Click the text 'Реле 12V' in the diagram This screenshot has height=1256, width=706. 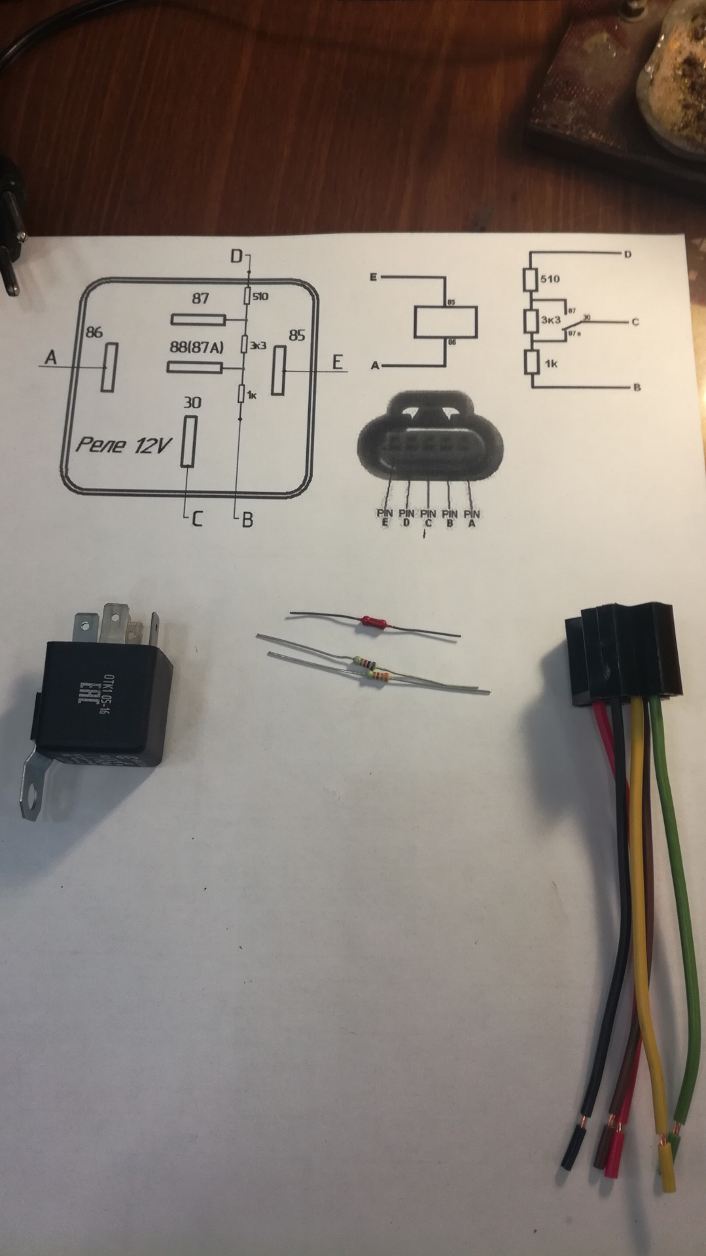pos(123,445)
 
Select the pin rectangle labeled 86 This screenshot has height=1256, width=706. pos(108,366)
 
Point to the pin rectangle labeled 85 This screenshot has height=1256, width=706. pos(279,370)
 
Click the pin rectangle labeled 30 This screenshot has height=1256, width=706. pos(188,442)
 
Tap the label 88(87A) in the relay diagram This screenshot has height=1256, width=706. pos(197,348)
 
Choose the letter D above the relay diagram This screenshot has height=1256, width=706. pos(236,256)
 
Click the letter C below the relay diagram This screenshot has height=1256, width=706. pos(196,519)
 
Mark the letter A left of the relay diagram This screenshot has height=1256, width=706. pos(51,357)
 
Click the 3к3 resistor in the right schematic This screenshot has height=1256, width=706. pos(531,321)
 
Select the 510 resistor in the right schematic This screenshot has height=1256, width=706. pos(531,279)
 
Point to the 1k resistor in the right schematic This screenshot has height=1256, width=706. pos(531,363)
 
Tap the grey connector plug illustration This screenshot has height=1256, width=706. pos(431,435)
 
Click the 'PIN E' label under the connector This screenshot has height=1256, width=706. pos(383,518)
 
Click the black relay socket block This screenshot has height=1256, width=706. pos(623,658)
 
